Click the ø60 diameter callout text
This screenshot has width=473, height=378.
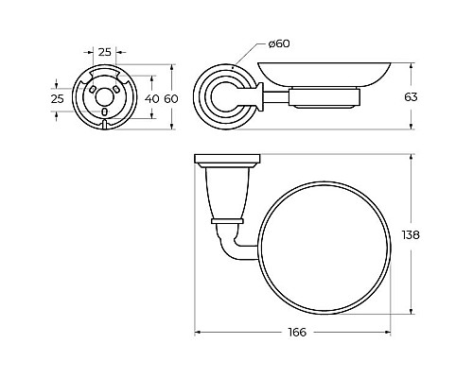[x=279, y=43]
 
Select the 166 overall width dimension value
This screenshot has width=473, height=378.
[x=297, y=332]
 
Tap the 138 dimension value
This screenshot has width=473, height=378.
[x=411, y=235]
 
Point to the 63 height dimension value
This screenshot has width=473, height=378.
[x=411, y=97]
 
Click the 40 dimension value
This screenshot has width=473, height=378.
[x=152, y=99]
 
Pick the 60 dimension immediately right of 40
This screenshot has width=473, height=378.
[x=171, y=99]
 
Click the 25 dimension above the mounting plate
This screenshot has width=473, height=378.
[x=105, y=52]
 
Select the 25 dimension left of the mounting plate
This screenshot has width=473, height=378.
[x=58, y=99]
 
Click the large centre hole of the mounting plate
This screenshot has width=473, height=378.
[x=104, y=97]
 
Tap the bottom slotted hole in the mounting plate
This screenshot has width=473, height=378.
[x=105, y=112]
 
